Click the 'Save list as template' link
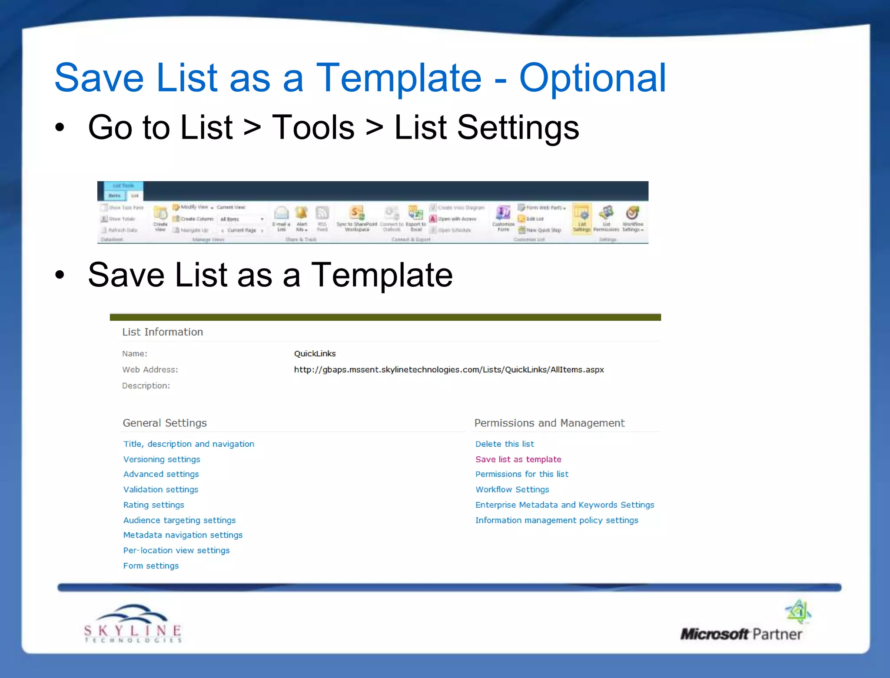tap(518, 459)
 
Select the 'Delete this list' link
tap(504, 444)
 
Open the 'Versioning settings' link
tap(162, 459)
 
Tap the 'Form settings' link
tap(151, 566)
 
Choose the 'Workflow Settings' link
tap(512, 490)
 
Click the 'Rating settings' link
tap(153, 505)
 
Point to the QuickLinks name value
tap(315, 354)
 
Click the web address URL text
tap(448, 370)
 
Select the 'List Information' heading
tap(163, 332)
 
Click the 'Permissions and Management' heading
tap(549, 423)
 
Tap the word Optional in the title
tap(592, 78)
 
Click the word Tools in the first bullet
tap(313, 128)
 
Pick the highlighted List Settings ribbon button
tap(581, 218)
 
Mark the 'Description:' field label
tap(146, 386)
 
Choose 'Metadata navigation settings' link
tap(183, 535)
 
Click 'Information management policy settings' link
tap(556, 520)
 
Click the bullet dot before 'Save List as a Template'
tap(60, 275)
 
